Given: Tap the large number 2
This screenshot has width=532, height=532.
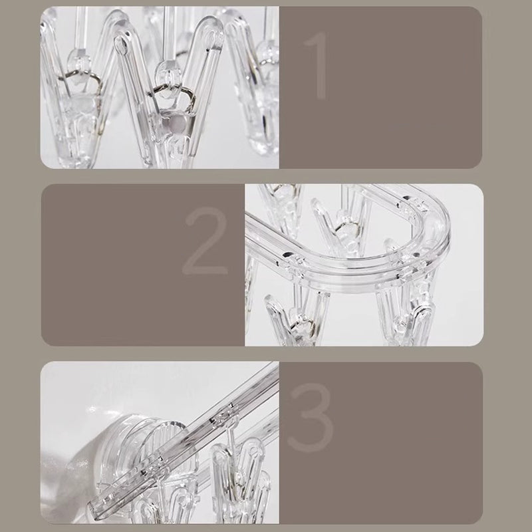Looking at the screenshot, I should click(x=205, y=241).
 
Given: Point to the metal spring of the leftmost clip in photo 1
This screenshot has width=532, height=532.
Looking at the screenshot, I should click(x=88, y=86).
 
